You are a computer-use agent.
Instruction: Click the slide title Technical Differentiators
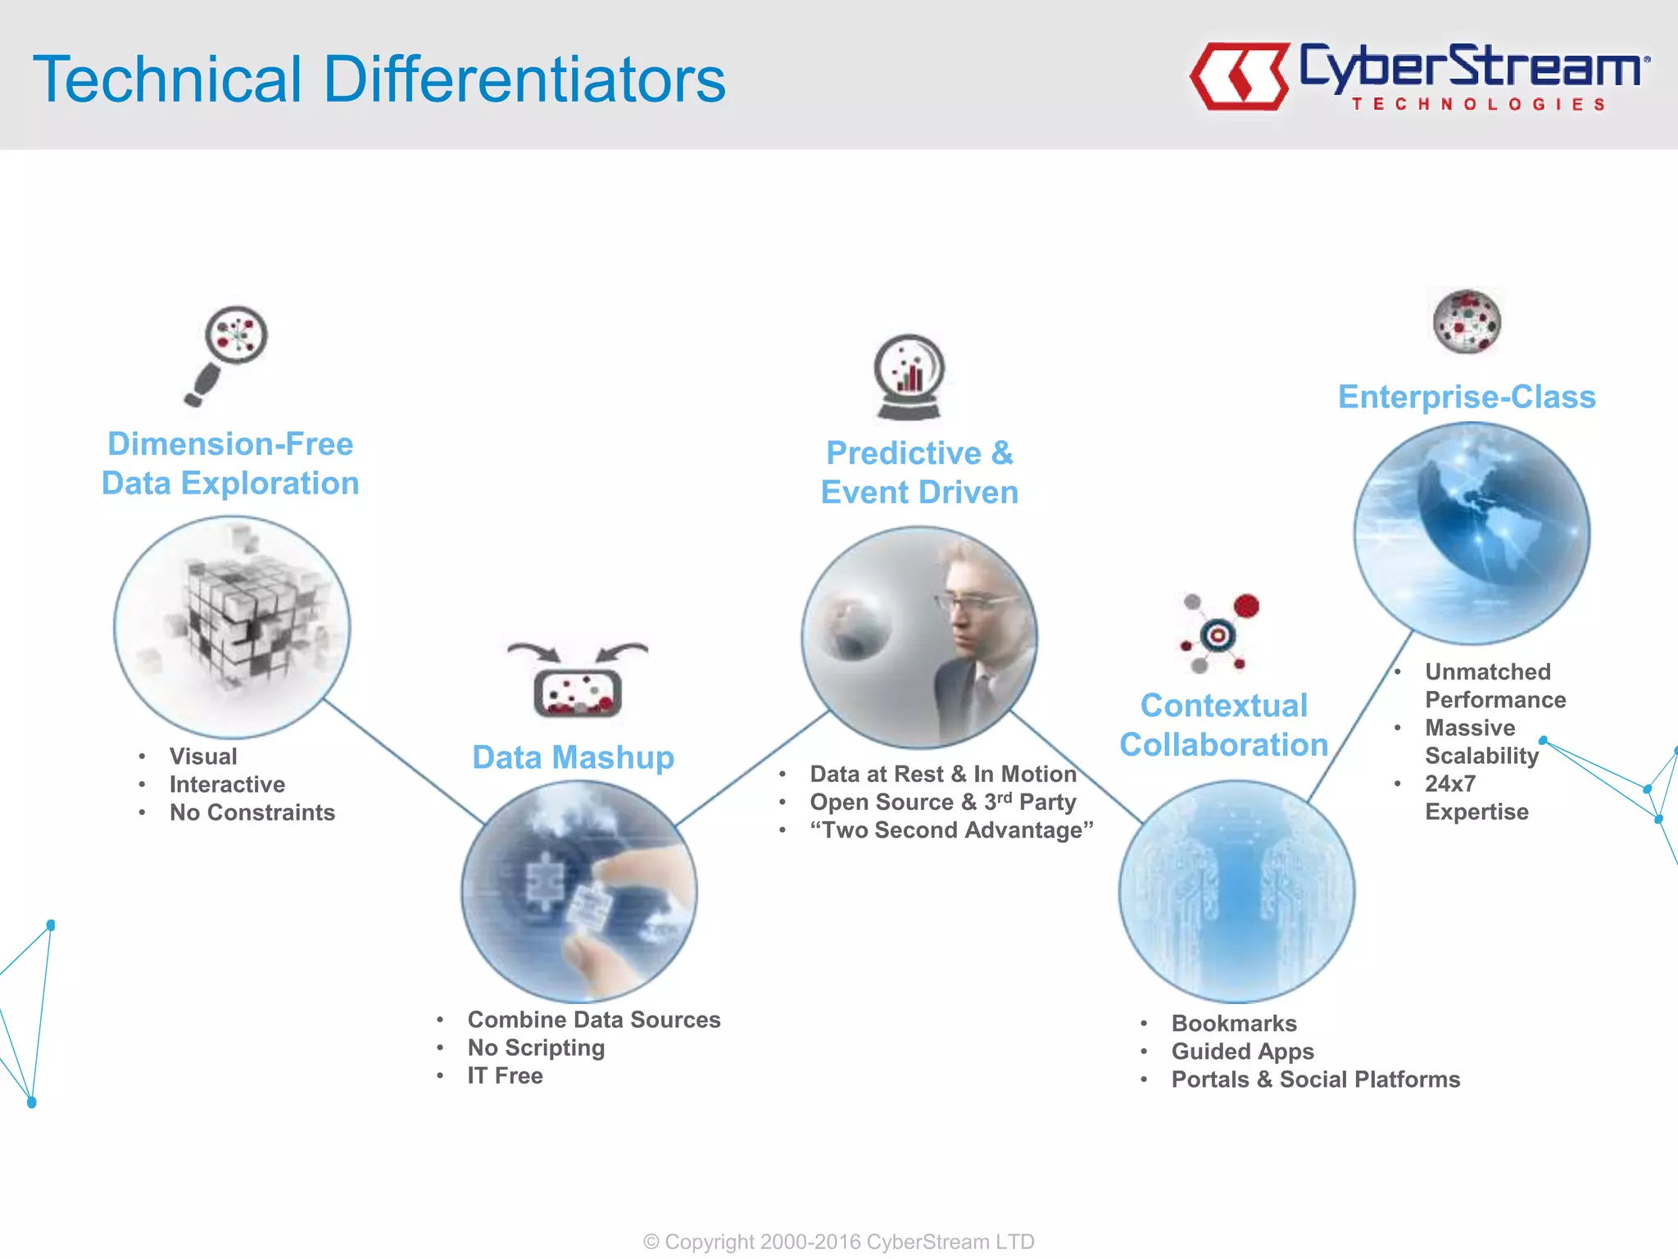pyautogui.click(x=379, y=80)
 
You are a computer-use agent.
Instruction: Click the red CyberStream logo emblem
pyautogui.click(x=1239, y=76)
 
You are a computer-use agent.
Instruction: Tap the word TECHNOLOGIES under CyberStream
pyautogui.click(x=1478, y=104)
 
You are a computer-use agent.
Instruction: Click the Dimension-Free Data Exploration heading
pyautogui.click(x=230, y=463)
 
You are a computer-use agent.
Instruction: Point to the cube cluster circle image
pyautogui.click(x=232, y=627)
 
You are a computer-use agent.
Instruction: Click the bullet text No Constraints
pyautogui.click(x=252, y=812)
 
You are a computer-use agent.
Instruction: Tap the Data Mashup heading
pyautogui.click(x=573, y=757)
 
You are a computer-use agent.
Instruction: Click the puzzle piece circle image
pyautogui.click(x=578, y=891)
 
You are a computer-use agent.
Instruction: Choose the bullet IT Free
pyautogui.click(x=505, y=1075)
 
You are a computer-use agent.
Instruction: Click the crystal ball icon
pyautogui.click(x=909, y=377)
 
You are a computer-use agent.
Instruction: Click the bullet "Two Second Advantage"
pyautogui.click(x=951, y=829)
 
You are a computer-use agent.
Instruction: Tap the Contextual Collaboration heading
pyautogui.click(x=1223, y=725)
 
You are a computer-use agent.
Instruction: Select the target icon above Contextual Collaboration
pyautogui.click(x=1219, y=633)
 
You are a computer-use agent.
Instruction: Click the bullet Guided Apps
pyautogui.click(x=1242, y=1051)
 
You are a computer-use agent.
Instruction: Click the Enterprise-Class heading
pyautogui.click(x=1467, y=397)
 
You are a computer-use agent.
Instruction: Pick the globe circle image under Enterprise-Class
pyautogui.click(x=1472, y=533)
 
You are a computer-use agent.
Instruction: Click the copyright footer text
pyautogui.click(x=838, y=1241)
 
